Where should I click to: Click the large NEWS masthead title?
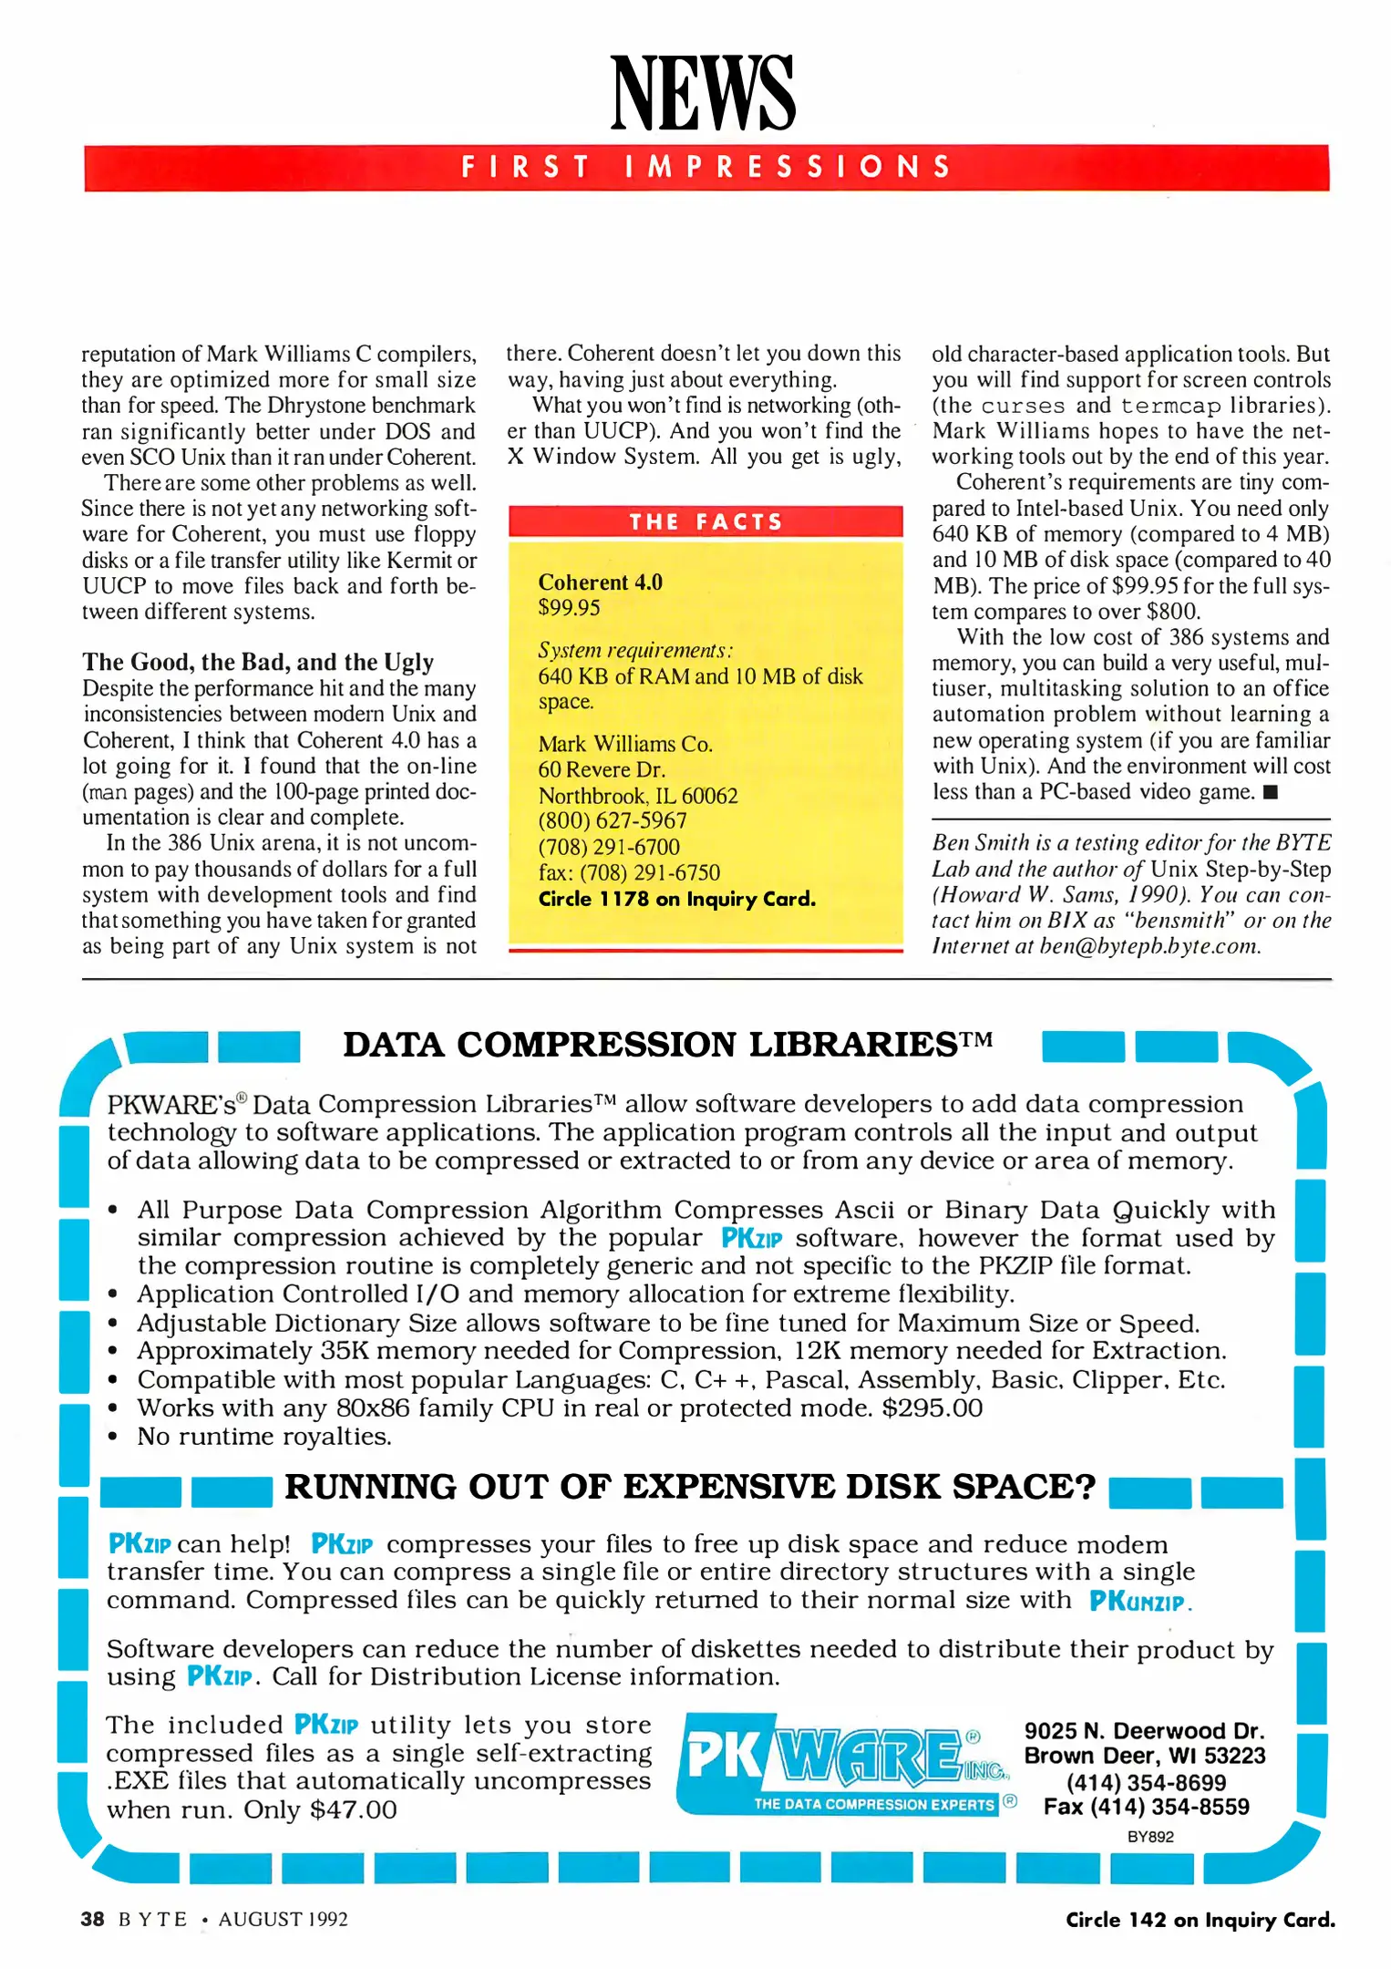[703, 93]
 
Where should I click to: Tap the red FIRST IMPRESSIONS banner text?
[706, 167]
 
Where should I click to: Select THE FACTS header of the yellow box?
[706, 521]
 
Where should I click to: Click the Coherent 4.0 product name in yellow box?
[600, 582]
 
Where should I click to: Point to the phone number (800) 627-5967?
[612, 820]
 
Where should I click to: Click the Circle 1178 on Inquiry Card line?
[676, 899]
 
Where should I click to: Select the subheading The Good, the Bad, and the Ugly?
[258, 662]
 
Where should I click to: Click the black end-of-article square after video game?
[1271, 792]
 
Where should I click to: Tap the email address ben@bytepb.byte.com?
[1149, 946]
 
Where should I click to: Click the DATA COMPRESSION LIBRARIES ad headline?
[666, 1045]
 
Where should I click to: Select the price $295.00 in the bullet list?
[932, 1408]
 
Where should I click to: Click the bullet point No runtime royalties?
[263, 1437]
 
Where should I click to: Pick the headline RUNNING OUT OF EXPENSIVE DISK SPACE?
[689, 1487]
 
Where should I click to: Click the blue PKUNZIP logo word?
[1139, 1602]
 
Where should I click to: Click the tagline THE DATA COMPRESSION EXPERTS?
[872, 1804]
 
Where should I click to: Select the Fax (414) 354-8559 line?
[1146, 1807]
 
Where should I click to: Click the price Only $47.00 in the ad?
[320, 1809]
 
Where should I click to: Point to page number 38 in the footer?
[92, 1919]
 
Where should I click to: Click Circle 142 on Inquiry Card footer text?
[1200, 1920]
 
